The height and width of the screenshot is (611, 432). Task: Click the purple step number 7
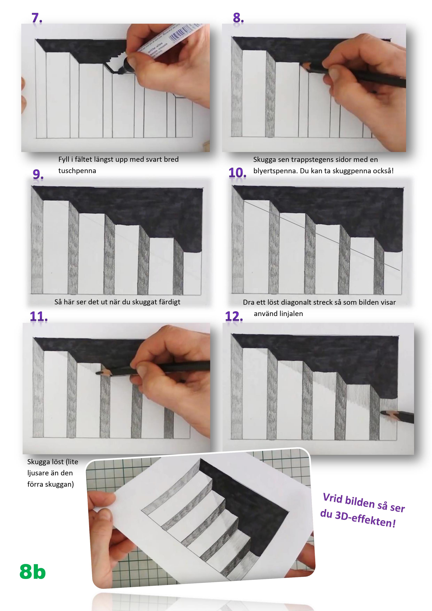point(37,18)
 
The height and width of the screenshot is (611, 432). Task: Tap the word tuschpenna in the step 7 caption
point(77,171)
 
